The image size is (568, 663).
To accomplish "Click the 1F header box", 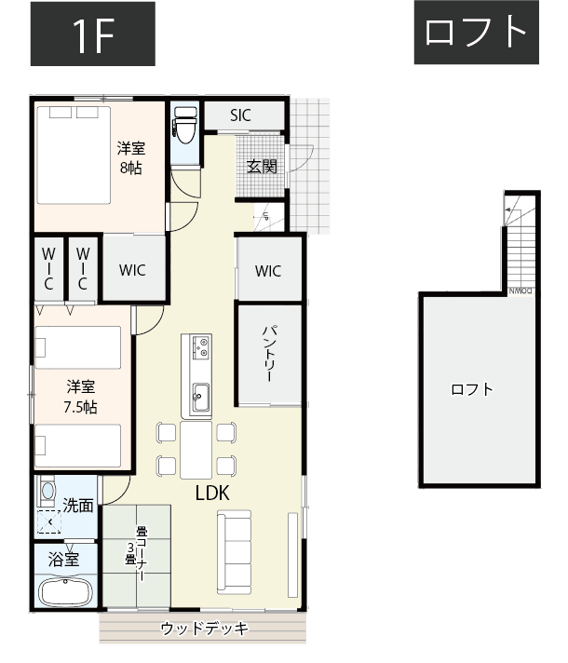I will tap(92, 34).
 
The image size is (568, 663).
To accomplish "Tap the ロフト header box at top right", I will tap(476, 33).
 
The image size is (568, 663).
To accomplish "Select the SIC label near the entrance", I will tap(241, 115).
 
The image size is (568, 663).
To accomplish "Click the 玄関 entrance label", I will tap(262, 167).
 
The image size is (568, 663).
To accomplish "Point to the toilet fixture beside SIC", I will tap(184, 125).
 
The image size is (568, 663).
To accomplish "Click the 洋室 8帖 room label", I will tap(131, 157).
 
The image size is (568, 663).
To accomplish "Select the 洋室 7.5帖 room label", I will tap(80, 397).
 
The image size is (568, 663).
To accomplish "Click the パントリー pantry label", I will tap(268, 355).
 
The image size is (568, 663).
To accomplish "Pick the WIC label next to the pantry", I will tap(268, 271).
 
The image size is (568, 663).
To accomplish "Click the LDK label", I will tap(212, 494).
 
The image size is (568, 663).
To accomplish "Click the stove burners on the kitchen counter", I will tap(201, 347).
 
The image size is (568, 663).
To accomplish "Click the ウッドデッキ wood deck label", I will tap(204, 629).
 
